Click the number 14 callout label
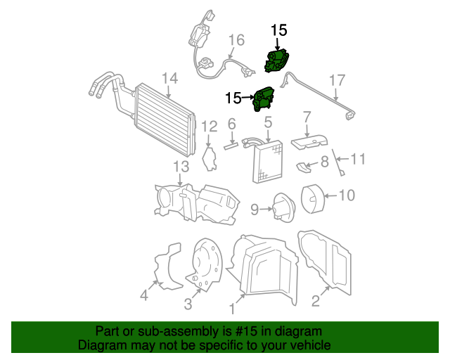click(x=169, y=77)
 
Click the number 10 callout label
click(x=347, y=195)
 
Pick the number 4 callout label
click(x=143, y=296)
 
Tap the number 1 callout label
click(x=231, y=307)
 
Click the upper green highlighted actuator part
click(x=278, y=61)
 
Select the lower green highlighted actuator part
click(x=264, y=99)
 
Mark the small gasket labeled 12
click(x=208, y=158)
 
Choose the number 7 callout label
click(x=307, y=117)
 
